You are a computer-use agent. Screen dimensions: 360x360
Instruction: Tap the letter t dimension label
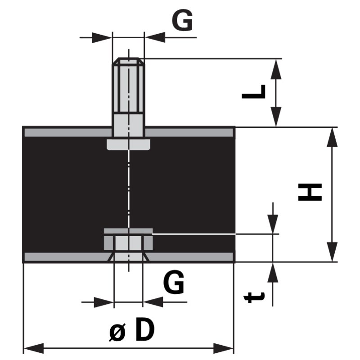(x=254, y=297)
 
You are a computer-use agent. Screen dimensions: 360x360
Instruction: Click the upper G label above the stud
(x=183, y=21)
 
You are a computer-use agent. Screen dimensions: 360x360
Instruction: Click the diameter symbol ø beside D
(x=118, y=332)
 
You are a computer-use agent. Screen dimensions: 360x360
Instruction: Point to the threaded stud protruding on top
(x=128, y=90)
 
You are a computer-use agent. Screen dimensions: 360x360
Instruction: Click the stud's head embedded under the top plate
(x=128, y=144)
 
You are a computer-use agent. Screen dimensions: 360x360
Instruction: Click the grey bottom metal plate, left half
(x=67, y=257)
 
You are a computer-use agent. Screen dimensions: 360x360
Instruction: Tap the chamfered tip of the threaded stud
(x=128, y=61)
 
